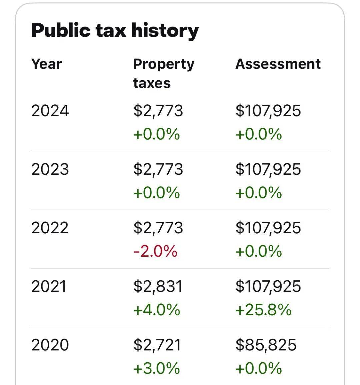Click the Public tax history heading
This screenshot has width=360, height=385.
[115, 31]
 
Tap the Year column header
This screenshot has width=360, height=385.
[47, 64]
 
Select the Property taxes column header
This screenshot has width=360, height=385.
[163, 73]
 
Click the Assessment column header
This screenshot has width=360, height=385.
[278, 64]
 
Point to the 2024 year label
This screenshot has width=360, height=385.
[50, 111]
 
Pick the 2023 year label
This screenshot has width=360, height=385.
[50, 169]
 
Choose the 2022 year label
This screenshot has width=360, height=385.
[50, 228]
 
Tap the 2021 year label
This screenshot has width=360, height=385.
[49, 287]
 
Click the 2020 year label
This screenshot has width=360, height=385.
[50, 345]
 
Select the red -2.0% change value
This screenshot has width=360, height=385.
[155, 251]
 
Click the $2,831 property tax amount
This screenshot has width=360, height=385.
[158, 287]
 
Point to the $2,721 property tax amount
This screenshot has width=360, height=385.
[157, 345]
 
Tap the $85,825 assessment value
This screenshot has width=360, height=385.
[266, 345]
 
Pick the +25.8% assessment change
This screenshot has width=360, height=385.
[263, 310]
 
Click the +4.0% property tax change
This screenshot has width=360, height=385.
[157, 310]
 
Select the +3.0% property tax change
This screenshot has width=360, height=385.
[157, 369]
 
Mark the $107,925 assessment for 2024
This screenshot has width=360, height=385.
[268, 111]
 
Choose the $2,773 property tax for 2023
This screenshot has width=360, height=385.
[158, 169]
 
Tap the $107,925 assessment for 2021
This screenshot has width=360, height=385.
[268, 287]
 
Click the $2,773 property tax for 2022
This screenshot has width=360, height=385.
[158, 228]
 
